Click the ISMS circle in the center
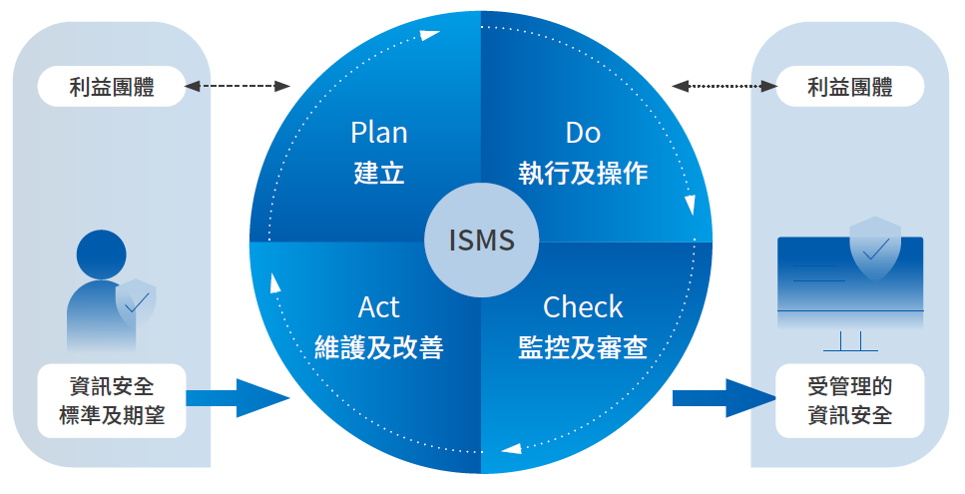click(x=482, y=241)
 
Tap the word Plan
click(x=379, y=133)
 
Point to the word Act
click(x=379, y=306)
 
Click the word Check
click(x=583, y=306)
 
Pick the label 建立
click(x=379, y=174)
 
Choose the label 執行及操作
click(x=583, y=174)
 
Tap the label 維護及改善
click(x=379, y=347)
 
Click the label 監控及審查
click(x=583, y=347)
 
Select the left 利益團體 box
click(x=112, y=87)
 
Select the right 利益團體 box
click(x=850, y=87)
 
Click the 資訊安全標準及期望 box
click(x=112, y=401)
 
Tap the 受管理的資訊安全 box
click(x=850, y=401)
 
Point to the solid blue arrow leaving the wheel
click(x=722, y=398)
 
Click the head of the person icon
click(x=102, y=255)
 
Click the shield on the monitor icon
click(x=874, y=245)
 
